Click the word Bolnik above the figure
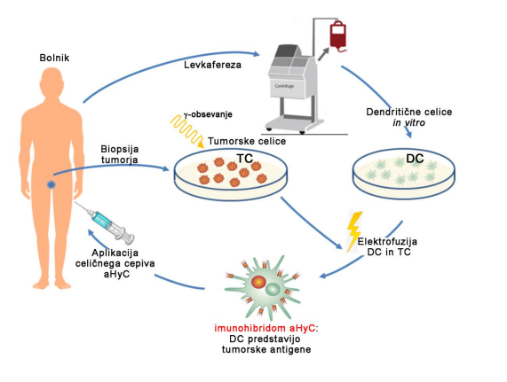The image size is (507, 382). tap(54, 58)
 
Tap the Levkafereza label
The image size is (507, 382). tap(212, 65)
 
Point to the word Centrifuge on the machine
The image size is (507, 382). tap(284, 86)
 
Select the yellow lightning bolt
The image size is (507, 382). tap(353, 231)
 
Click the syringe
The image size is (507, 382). tap(105, 222)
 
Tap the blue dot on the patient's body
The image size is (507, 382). tap(51, 184)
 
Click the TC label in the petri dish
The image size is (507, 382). tap(245, 159)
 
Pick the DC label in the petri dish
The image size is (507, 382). tap(415, 159)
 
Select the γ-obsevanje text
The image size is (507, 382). tap(208, 114)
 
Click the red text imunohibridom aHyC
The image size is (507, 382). tap(265, 329)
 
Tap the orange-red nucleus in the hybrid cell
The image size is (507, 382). tap(258, 282)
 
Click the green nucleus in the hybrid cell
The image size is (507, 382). tap(273, 289)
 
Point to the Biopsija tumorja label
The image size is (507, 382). tap(120, 154)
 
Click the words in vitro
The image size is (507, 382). tap(409, 122)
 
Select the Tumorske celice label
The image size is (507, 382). tap(247, 141)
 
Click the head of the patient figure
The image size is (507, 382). tap(51, 82)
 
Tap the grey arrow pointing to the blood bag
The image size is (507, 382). tap(324, 53)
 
